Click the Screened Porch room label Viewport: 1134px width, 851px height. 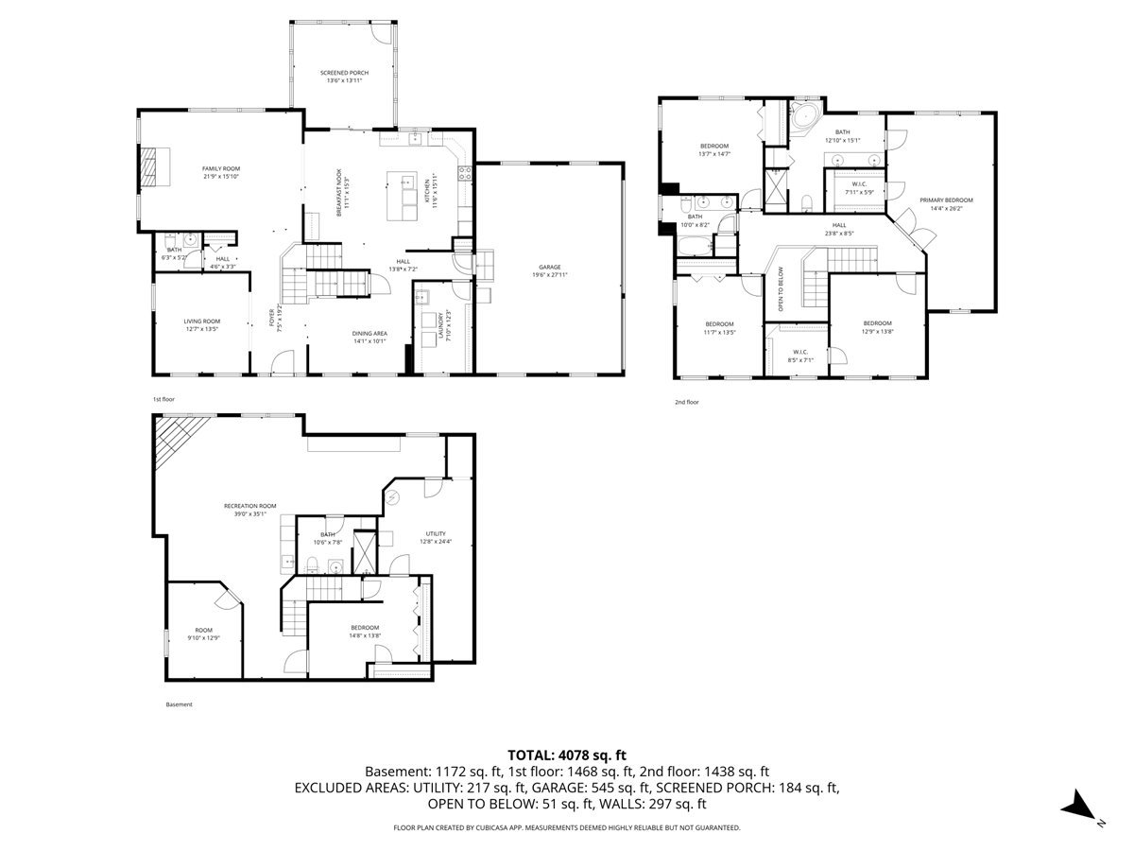344,73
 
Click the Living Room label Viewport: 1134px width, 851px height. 201,321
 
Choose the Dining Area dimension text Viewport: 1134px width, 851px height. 370,341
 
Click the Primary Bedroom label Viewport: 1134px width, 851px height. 946,200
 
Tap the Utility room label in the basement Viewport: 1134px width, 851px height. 436,533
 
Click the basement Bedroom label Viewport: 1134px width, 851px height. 365,628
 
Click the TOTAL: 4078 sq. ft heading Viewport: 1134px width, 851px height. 567,755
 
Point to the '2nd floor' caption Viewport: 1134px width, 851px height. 686,402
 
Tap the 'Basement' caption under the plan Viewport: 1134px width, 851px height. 179,704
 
